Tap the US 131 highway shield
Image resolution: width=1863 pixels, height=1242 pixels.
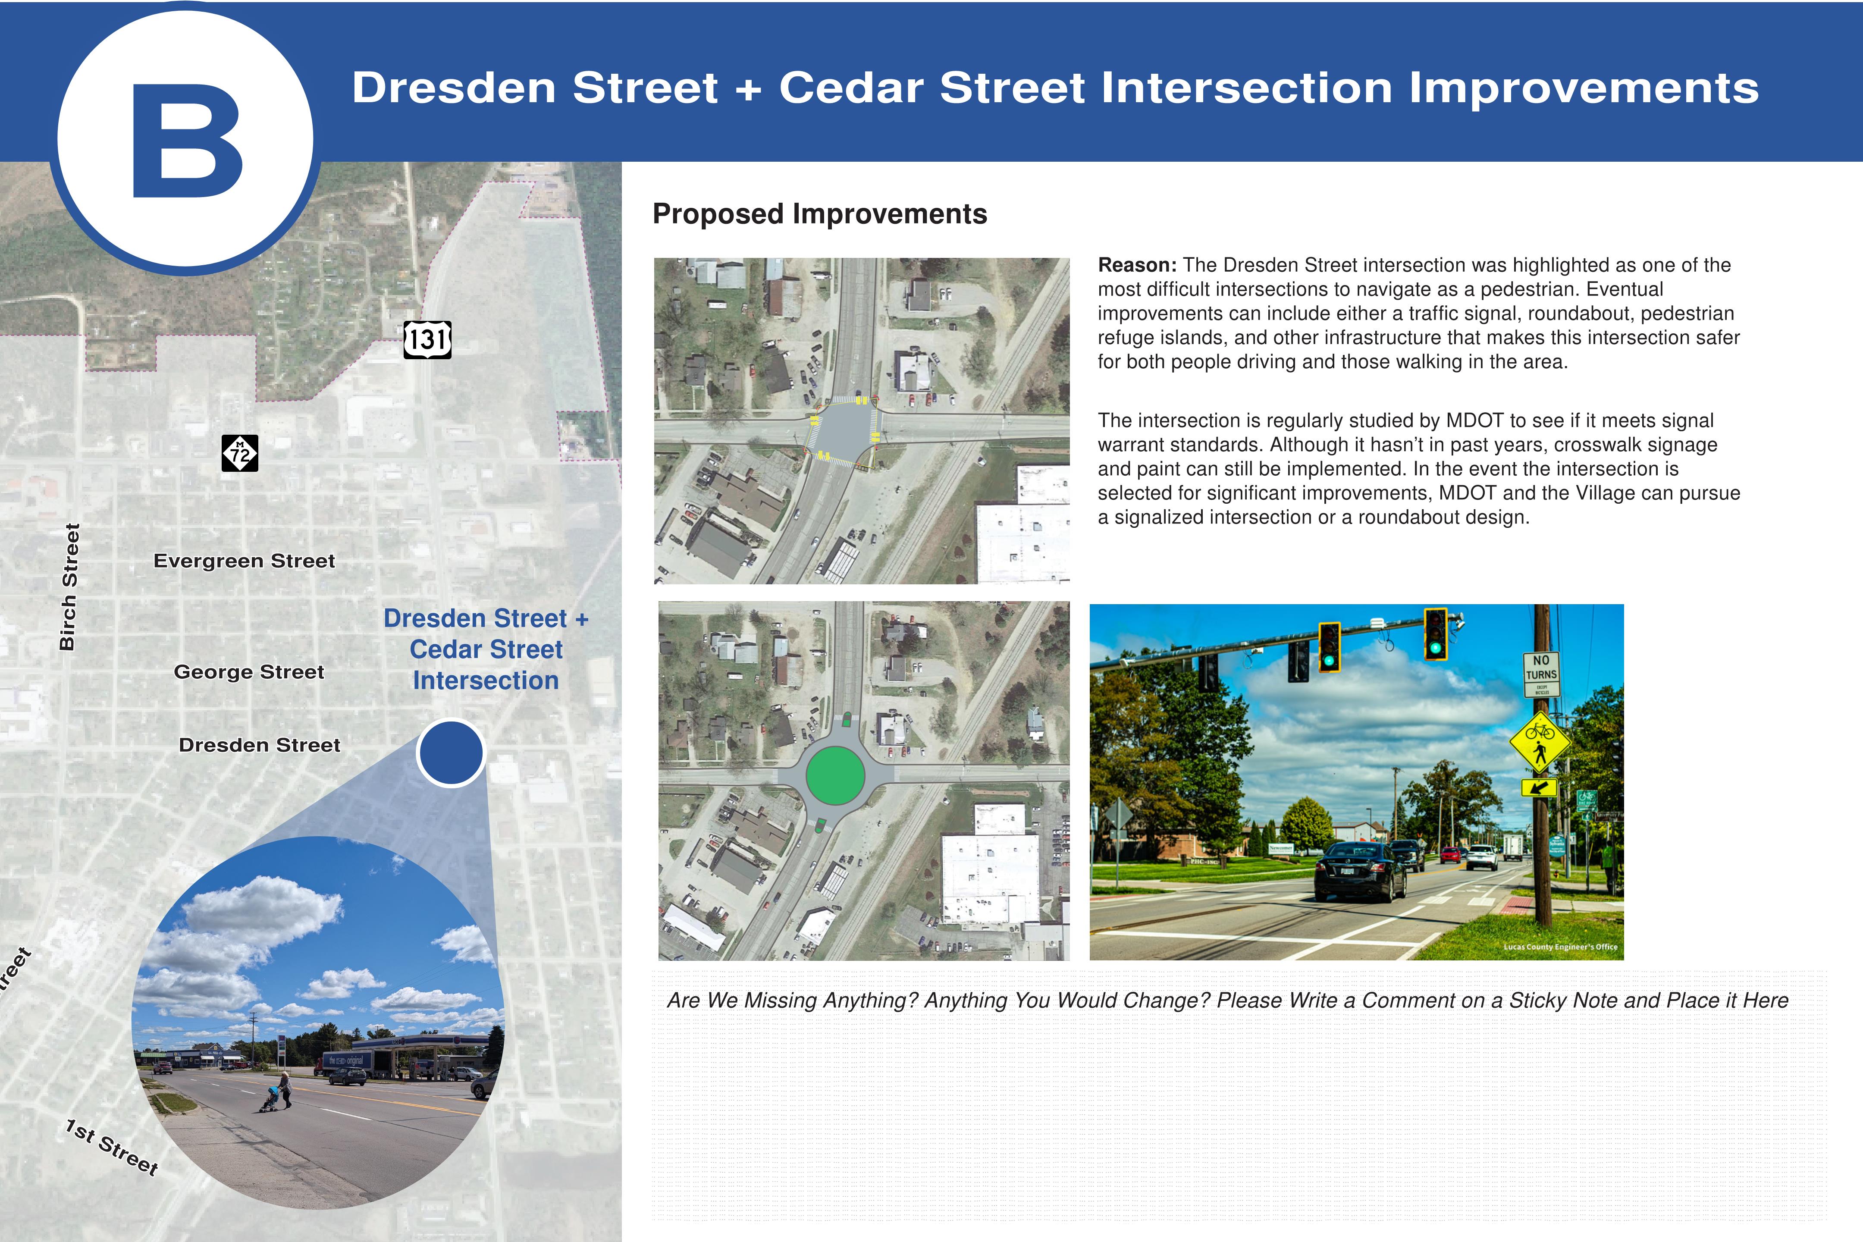click(428, 340)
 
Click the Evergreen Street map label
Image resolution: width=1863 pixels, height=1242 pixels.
click(244, 561)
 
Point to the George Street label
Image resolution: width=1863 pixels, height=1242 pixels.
click(249, 672)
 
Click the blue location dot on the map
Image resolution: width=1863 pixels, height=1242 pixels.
click(451, 753)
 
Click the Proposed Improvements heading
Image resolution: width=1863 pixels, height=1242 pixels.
click(820, 214)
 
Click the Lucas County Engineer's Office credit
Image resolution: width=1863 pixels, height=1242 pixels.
click(1560, 947)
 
